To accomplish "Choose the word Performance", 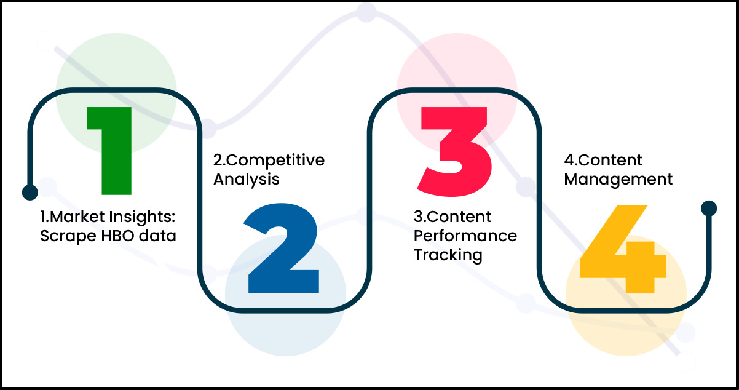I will [x=465, y=236].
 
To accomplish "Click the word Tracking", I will [x=448, y=255].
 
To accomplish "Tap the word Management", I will [x=618, y=179].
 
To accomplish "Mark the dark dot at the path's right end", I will [x=709, y=208].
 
